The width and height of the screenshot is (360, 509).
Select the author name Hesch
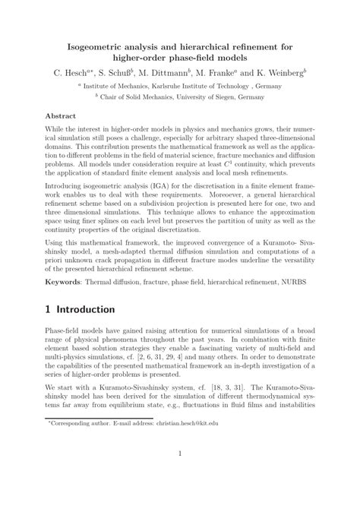pos(82,74)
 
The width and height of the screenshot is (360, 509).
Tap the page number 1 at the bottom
pos(179,477)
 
